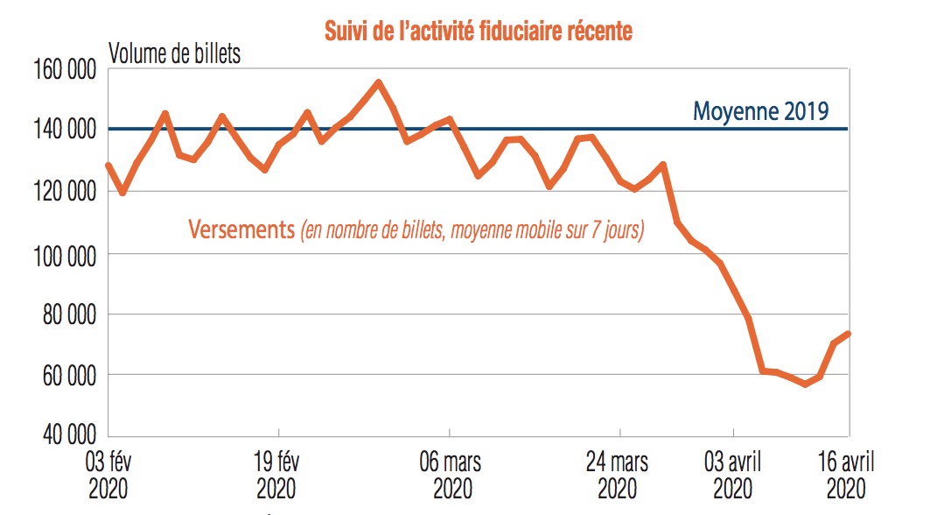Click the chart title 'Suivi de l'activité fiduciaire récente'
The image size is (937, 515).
tap(479, 32)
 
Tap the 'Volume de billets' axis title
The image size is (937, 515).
tap(174, 53)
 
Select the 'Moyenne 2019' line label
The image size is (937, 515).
tap(760, 111)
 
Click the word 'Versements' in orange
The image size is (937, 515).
tap(241, 231)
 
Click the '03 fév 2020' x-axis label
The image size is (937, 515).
tap(108, 473)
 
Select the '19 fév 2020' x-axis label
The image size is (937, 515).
tap(277, 473)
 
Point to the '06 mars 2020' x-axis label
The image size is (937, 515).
tap(449, 473)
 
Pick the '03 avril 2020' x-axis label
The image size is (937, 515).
tap(734, 473)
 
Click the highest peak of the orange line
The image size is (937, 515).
tap(378, 82)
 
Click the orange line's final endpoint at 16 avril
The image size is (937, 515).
tap(849, 334)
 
